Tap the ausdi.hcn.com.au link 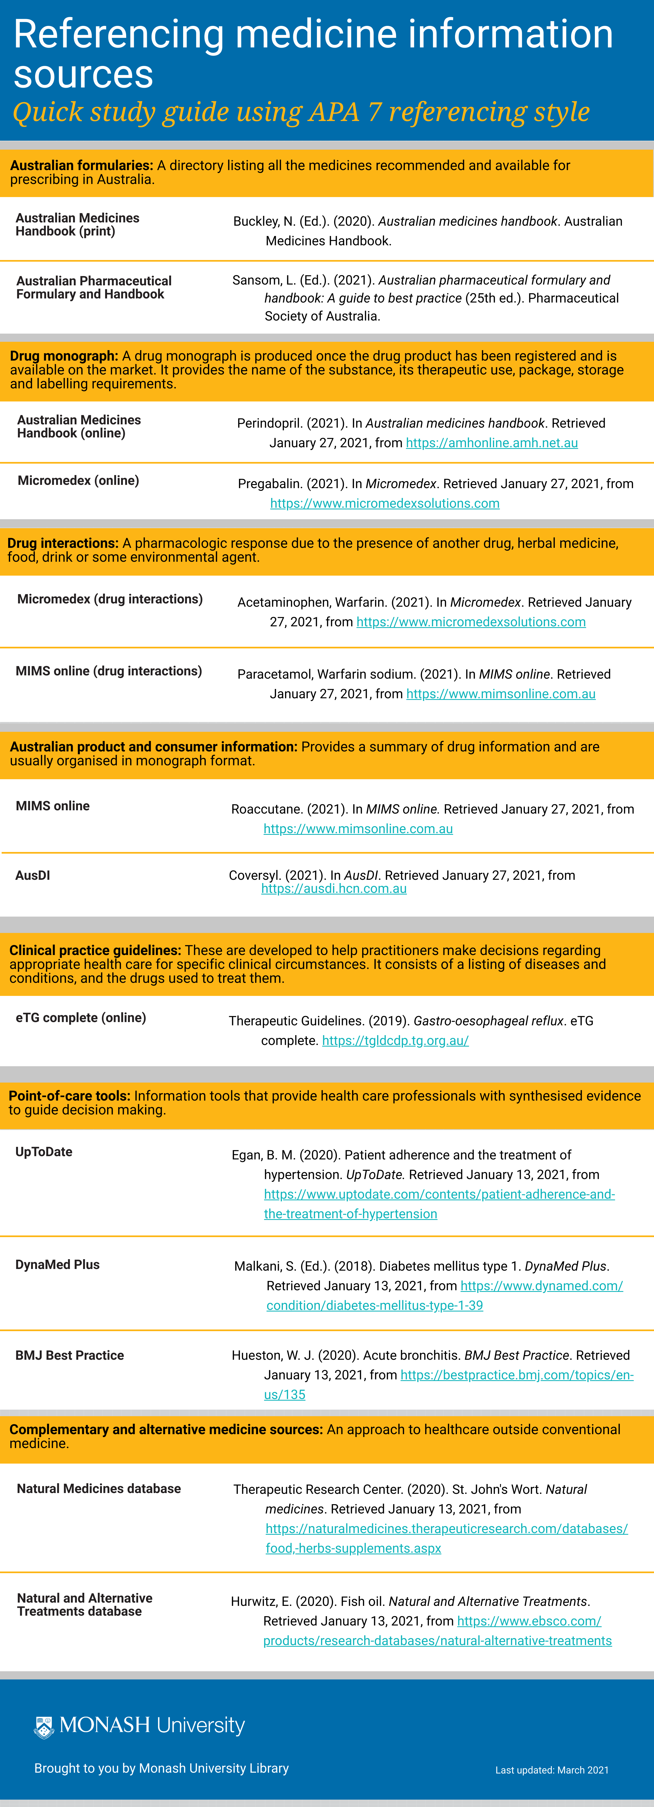tap(334, 889)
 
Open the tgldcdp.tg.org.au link tap(395, 1040)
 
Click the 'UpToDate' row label tap(44, 1152)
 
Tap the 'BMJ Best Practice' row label tap(69, 1355)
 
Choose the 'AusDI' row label tap(33, 875)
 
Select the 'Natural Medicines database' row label tap(99, 1489)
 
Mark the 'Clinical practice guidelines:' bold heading tap(95, 950)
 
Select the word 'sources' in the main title tap(83, 74)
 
